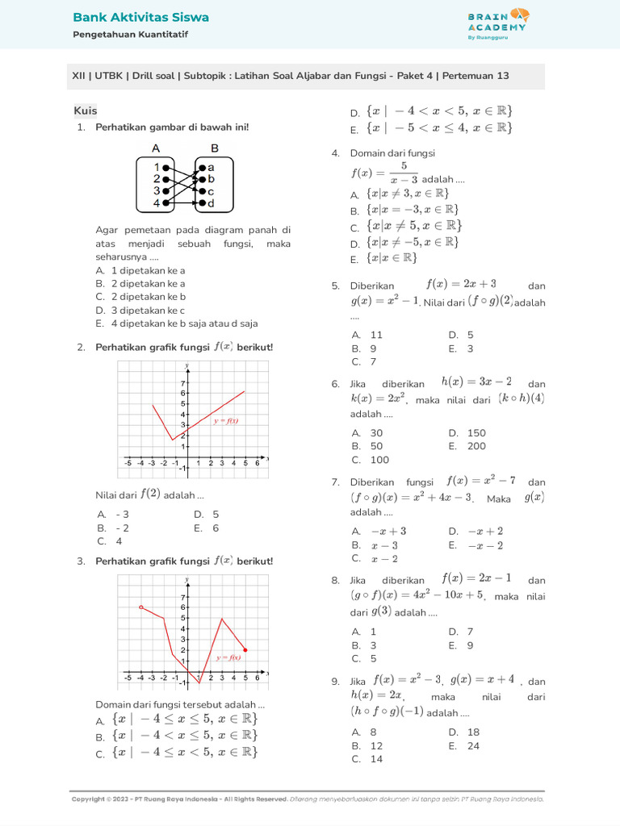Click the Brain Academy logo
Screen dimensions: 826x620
tap(496, 24)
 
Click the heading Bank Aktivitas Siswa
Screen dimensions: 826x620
tap(140, 17)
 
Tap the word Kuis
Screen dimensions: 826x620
tap(86, 111)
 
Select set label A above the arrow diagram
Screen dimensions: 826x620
tap(156, 148)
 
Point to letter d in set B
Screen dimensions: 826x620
tap(211, 203)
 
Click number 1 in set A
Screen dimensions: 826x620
tap(157, 168)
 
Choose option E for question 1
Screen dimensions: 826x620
tap(176, 323)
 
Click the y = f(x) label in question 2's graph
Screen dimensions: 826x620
tap(226, 421)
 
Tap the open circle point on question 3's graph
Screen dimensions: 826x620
tap(140, 607)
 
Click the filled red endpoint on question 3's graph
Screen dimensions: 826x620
tap(245, 649)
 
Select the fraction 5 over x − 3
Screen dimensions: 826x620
tap(403, 172)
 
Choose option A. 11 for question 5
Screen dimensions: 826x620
tap(367, 335)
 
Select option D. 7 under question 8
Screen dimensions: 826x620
tap(460, 632)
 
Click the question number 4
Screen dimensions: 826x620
tap(334, 153)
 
